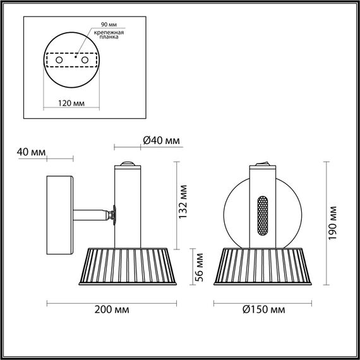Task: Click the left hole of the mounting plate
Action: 59,59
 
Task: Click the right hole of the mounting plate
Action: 83,59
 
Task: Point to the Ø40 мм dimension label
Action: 158,140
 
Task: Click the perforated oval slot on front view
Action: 262,215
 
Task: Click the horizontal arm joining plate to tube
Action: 92,215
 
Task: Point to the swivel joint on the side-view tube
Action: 113,215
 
